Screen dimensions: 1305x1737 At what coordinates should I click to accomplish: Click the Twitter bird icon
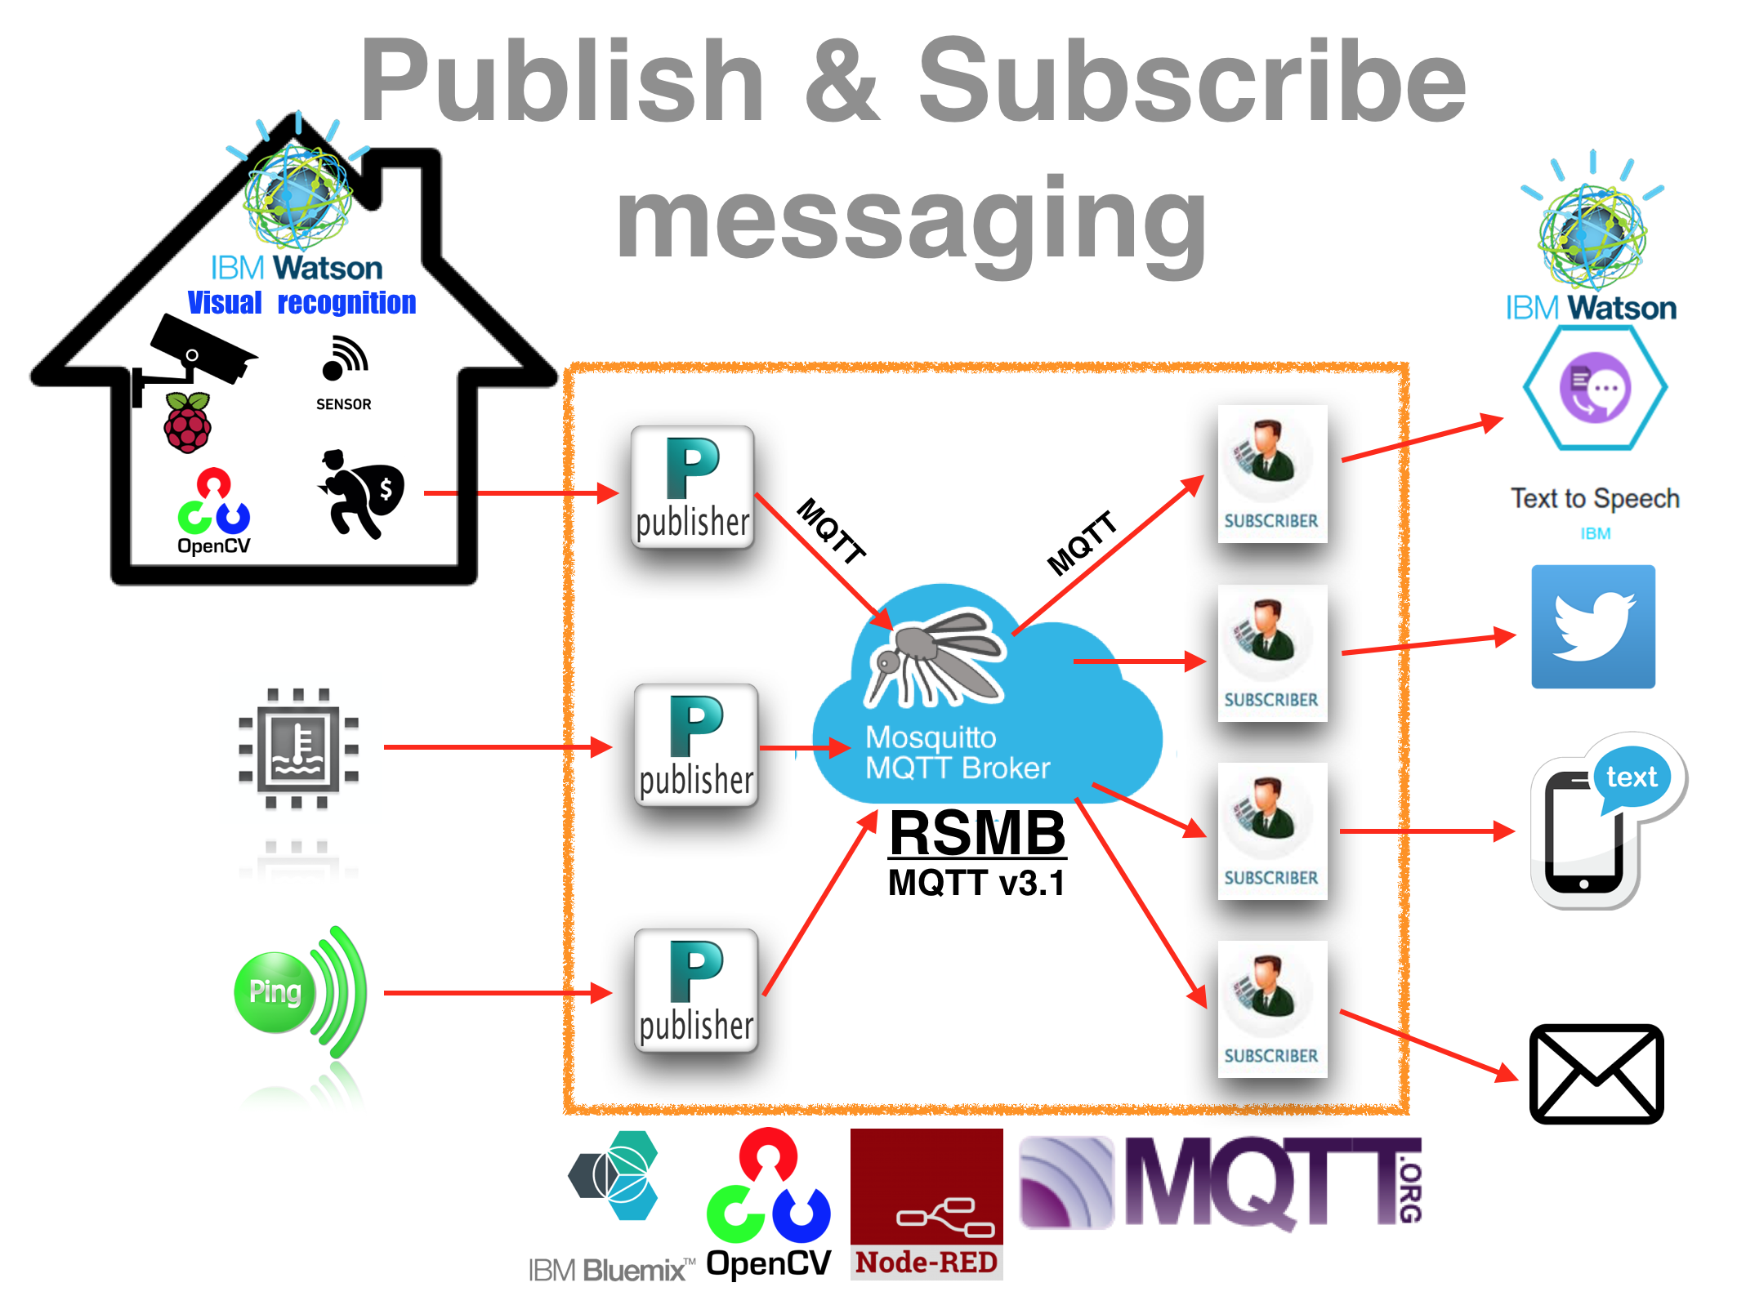pos(1592,626)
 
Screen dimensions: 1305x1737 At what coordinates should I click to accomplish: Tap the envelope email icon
pos(1596,1073)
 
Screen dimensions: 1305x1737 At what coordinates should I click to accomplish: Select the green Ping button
pos(275,992)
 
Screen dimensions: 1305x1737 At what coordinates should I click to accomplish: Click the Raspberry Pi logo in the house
pos(188,422)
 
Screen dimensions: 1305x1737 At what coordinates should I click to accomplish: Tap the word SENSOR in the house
pos(343,404)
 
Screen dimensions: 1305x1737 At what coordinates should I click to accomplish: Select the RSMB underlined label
pos(977,833)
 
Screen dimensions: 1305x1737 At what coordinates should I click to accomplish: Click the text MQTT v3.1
pos(976,883)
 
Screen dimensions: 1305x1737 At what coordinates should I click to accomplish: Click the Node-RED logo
pos(926,1203)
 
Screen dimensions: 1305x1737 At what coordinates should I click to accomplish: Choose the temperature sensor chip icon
pos(298,746)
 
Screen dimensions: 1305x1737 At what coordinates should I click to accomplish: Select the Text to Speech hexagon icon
pos(1595,388)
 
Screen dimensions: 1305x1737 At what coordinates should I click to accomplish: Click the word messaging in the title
pos(911,220)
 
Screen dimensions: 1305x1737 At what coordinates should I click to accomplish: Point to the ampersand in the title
pos(842,82)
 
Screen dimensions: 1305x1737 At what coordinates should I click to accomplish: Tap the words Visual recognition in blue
pos(301,303)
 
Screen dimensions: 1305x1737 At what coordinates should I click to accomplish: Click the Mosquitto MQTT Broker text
pos(956,752)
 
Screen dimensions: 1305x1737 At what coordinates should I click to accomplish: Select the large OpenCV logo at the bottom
pos(768,1200)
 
